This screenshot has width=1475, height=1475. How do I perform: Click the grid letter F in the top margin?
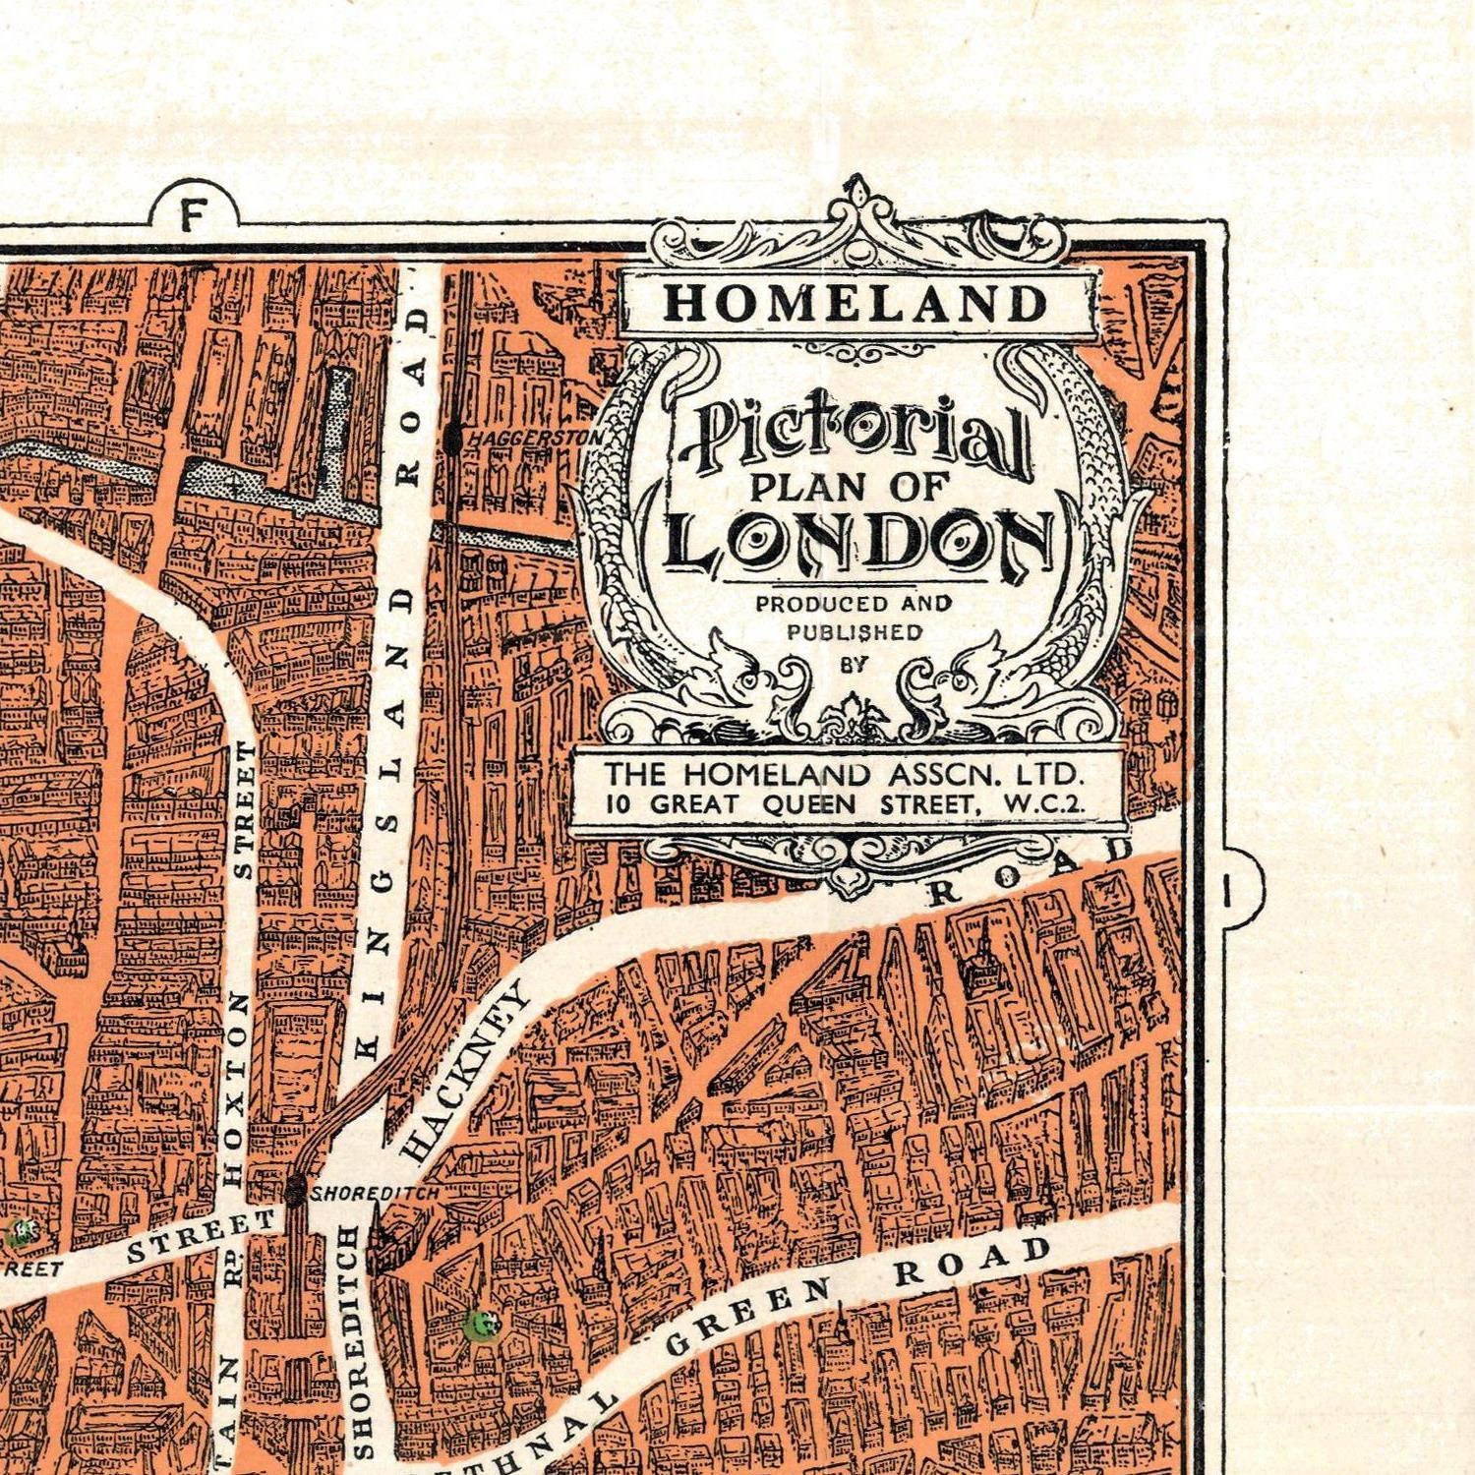(194, 214)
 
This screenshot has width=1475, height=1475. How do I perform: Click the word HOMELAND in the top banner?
(855, 303)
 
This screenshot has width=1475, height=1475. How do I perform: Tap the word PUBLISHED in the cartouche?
(854, 631)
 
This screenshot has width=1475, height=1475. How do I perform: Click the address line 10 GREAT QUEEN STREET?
(846, 804)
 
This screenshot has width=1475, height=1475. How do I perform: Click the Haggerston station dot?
(452, 439)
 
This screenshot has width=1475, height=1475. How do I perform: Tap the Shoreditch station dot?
(293, 1191)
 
